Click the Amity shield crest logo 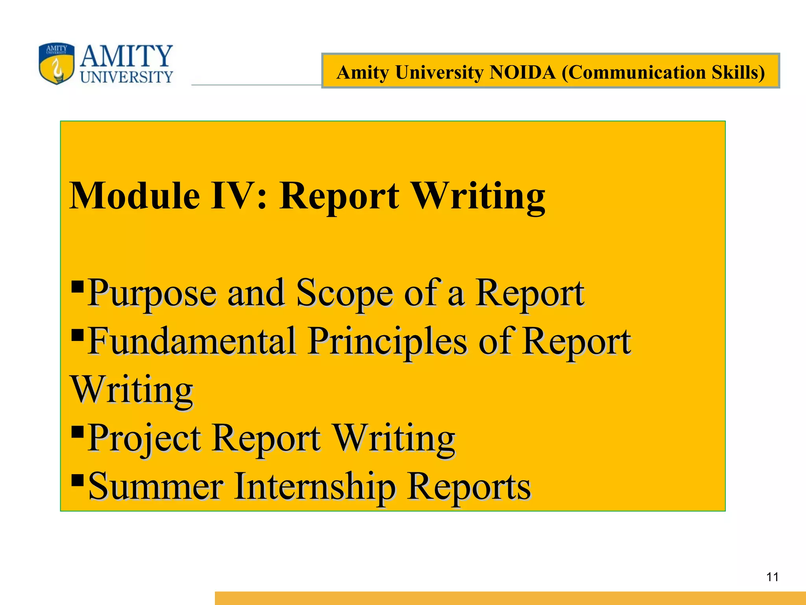[57, 63]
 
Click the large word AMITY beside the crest [126, 56]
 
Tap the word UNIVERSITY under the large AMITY [126, 77]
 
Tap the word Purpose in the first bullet [152, 293]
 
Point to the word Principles [388, 341]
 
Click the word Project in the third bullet [144, 438]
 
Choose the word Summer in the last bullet [156, 486]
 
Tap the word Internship [315, 486]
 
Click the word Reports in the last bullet [469, 487]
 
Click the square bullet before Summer [78, 480]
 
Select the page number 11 [773, 577]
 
